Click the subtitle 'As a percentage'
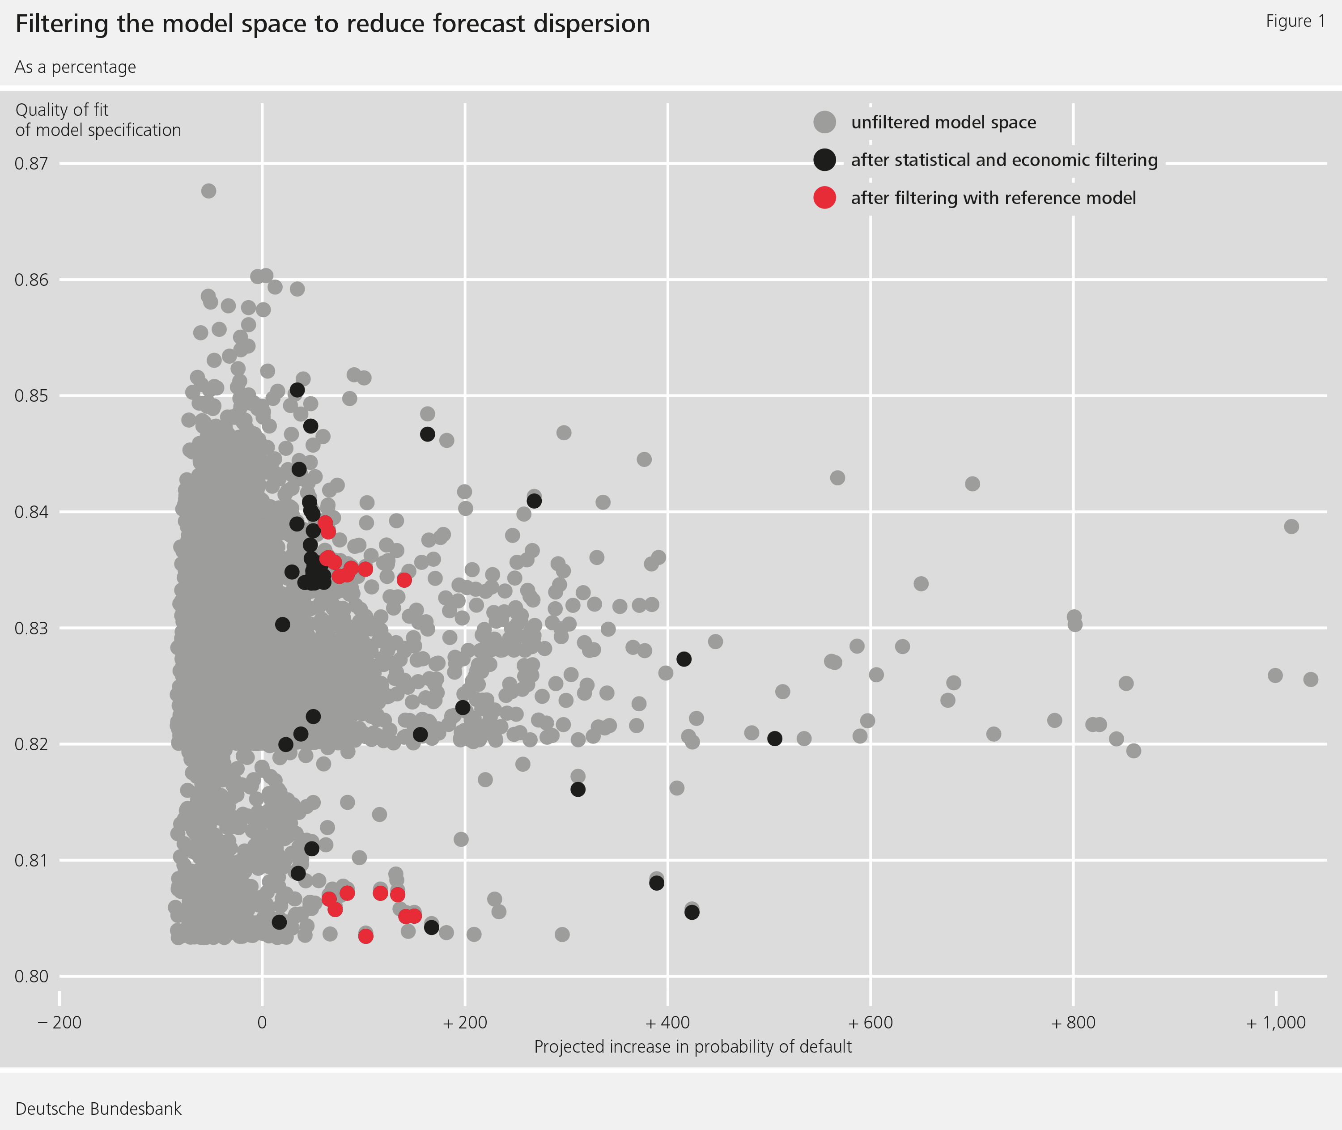(75, 67)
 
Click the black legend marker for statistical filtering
(824, 160)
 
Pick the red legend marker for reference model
(824, 198)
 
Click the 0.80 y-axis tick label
(31, 976)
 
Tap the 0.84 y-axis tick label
(31, 512)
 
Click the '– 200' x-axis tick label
(59, 1022)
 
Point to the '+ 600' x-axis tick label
(870, 1022)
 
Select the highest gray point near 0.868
(208, 191)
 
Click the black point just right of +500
(774, 739)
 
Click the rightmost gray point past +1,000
(1311, 679)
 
